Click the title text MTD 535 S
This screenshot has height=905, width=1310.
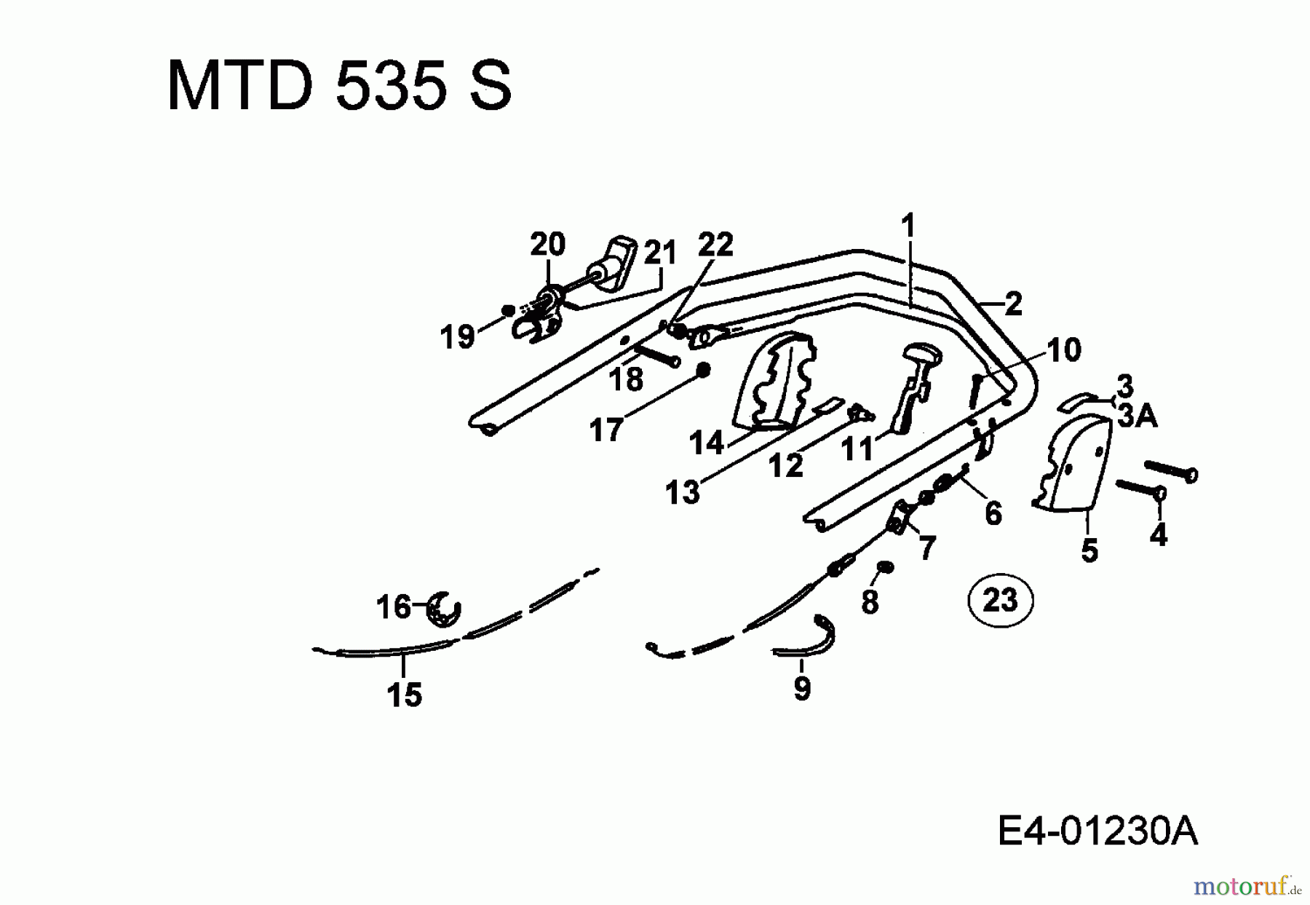click(340, 86)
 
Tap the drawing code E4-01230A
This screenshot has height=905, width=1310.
click(1097, 831)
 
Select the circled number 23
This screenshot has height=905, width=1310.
click(1001, 601)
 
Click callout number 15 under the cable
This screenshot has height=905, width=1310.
click(405, 695)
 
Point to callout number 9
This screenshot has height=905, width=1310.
click(802, 687)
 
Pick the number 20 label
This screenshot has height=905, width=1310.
click(547, 244)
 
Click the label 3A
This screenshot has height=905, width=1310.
click(1138, 416)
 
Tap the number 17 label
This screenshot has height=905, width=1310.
click(606, 430)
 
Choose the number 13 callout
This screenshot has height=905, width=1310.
click(682, 492)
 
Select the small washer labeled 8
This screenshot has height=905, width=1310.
click(885, 567)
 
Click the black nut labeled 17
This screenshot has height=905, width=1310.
click(703, 371)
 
